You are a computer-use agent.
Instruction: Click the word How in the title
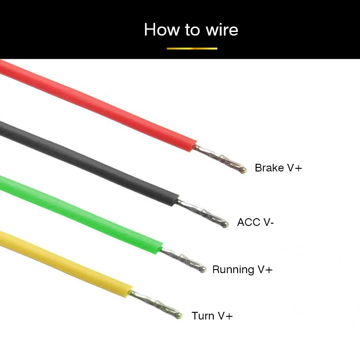coord(162,29)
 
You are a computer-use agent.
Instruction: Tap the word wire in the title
coord(222,30)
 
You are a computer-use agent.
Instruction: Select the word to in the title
coord(192,30)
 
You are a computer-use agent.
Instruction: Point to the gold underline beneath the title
coord(192,49)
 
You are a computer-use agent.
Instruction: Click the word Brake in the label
coord(269,167)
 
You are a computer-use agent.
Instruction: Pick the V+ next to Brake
coord(295,168)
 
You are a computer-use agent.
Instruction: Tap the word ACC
coord(249,222)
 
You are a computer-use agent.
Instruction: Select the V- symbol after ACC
coord(269,222)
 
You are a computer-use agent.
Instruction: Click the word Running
coord(233,270)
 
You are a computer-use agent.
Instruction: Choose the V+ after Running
coord(265,269)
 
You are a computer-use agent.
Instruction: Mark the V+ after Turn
coord(225,316)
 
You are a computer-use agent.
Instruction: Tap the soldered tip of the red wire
coord(243,170)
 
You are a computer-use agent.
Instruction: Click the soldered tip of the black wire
coord(225,224)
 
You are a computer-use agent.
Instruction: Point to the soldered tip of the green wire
coord(202,269)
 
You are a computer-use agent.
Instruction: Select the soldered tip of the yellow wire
coord(178,315)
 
